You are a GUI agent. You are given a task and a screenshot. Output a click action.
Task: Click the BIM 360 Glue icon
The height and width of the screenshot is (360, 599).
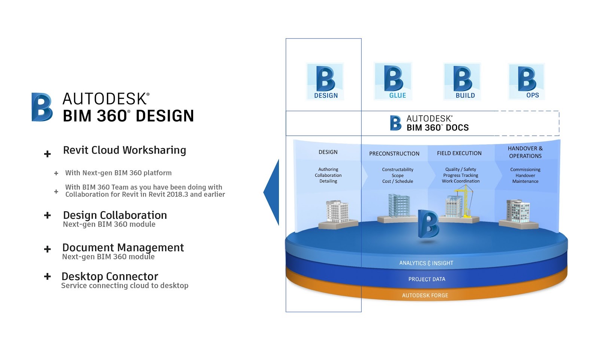pos(393,81)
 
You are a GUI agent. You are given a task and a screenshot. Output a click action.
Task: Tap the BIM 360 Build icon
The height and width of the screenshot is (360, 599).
pos(462,81)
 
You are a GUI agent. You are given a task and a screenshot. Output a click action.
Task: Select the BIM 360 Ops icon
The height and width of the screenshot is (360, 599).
pos(526,81)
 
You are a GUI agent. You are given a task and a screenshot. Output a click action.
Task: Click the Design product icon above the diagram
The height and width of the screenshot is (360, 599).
pos(325,81)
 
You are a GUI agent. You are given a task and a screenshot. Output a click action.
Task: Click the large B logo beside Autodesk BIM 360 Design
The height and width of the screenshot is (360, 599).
pos(42,107)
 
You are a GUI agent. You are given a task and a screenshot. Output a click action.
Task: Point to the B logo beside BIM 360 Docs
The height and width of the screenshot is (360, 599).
pos(396,123)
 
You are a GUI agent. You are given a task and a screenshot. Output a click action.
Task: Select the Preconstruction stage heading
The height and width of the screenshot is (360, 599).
pos(394,154)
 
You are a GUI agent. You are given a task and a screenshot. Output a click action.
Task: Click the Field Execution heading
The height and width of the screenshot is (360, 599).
pos(459,153)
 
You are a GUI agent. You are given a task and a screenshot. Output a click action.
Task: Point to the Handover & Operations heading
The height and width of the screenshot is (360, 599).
pos(525,152)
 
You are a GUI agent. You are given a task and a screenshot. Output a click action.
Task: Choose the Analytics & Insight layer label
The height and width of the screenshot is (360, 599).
pos(426,263)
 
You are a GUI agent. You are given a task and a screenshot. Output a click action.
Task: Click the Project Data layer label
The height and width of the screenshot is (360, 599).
pos(427,279)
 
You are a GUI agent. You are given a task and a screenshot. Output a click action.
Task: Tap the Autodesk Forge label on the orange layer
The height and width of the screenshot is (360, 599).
pos(425,295)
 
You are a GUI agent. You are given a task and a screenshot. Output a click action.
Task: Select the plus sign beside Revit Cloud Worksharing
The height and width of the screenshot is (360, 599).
pos(47,154)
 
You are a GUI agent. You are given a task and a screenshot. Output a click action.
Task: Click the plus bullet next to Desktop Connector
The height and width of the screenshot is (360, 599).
pos(47,276)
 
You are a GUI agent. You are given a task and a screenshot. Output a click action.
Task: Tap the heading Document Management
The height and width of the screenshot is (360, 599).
pos(123,248)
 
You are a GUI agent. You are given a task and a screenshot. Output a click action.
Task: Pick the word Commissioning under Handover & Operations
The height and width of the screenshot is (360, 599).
pos(525,169)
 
